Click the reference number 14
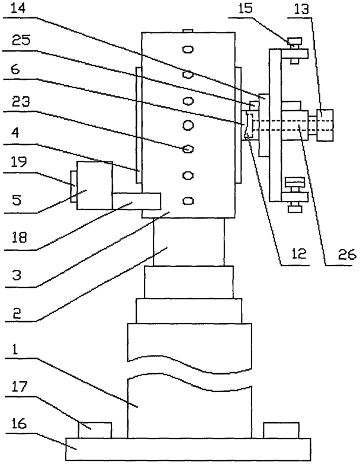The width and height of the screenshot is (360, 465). click(x=18, y=8)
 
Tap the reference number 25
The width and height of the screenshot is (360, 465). click(x=21, y=40)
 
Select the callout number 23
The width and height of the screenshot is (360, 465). click(x=21, y=102)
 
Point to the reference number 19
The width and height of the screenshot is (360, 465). click(x=20, y=161)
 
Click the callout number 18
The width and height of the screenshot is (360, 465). click(x=20, y=237)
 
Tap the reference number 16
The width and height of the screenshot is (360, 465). click(x=20, y=424)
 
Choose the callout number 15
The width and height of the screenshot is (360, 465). click(x=246, y=9)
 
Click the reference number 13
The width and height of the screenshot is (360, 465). click(x=301, y=9)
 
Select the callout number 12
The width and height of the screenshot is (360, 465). click(x=299, y=254)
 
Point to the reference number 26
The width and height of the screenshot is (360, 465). click(x=347, y=255)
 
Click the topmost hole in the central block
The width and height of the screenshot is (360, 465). click(x=188, y=49)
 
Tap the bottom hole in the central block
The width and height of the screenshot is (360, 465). click(x=188, y=201)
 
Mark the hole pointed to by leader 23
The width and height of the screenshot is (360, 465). click(x=187, y=149)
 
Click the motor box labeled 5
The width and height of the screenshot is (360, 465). click(x=95, y=185)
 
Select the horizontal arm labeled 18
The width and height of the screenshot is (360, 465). click(x=137, y=201)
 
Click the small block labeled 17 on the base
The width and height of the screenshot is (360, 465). click(x=95, y=430)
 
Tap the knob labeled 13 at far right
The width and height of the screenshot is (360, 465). click(x=325, y=125)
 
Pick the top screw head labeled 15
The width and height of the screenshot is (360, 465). click(x=294, y=41)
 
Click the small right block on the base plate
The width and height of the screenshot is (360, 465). click(x=281, y=430)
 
